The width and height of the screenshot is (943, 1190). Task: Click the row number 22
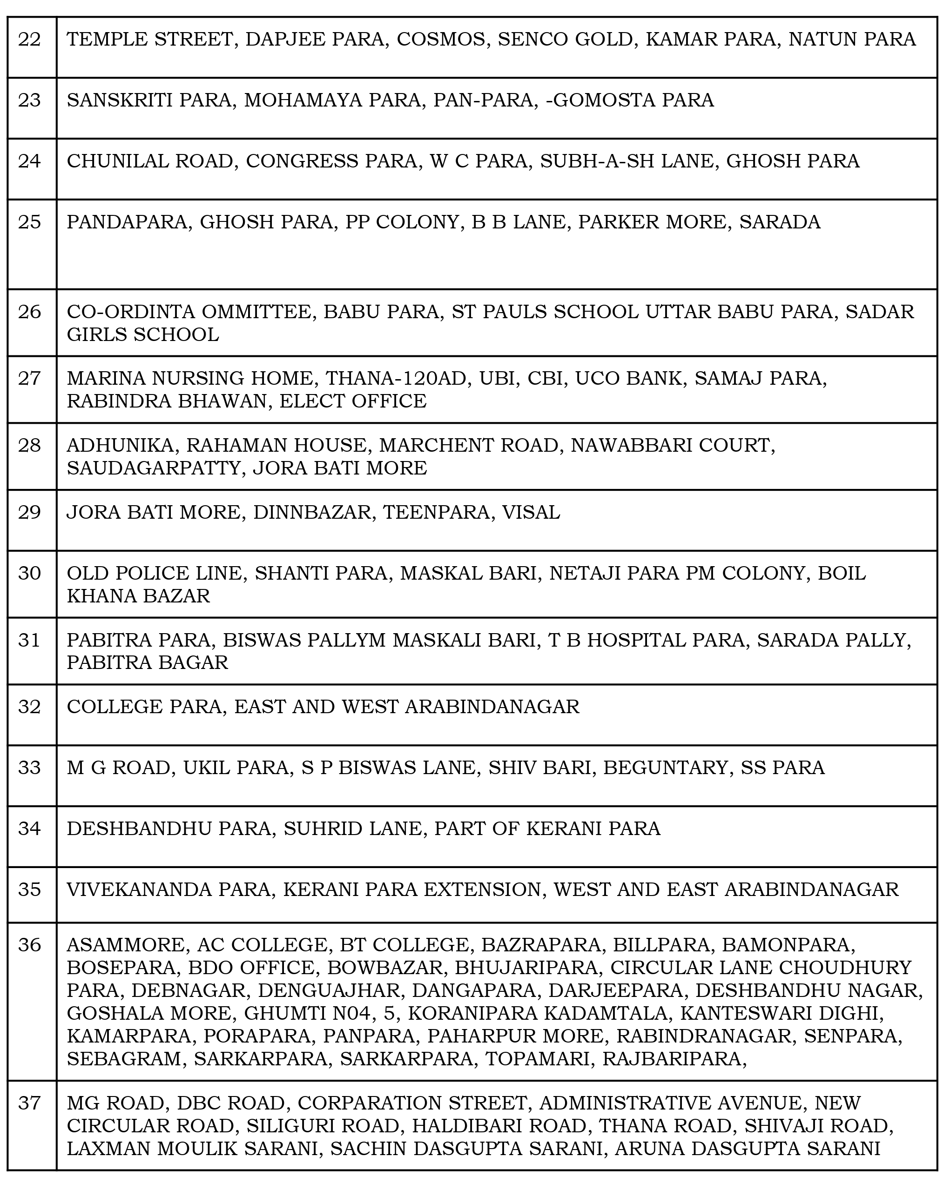click(x=30, y=40)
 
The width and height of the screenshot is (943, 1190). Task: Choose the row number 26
click(x=30, y=312)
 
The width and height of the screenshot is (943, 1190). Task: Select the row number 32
click(x=30, y=707)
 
